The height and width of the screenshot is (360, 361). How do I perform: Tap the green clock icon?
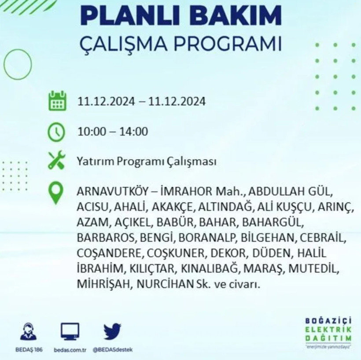(56, 132)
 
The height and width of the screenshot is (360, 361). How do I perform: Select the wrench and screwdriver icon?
(56, 161)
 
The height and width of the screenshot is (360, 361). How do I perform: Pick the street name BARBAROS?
(107, 238)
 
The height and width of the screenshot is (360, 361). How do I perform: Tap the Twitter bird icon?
(113, 331)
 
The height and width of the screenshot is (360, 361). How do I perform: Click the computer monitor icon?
(70, 331)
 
